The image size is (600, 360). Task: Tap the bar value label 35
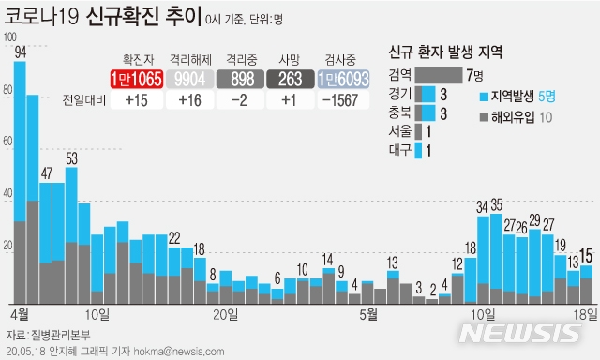(x=497, y=204)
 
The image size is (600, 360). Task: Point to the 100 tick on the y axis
(x=10, y=37)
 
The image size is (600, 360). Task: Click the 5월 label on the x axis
(x=367, y=312)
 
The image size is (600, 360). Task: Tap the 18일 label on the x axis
(x=584, y=312)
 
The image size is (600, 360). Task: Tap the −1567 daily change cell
(x=343, y=100)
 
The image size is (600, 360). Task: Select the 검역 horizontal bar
(x=437, y=75)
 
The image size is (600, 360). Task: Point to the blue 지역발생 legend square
(x=484, y=96)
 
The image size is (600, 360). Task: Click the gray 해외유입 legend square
(x=484, y=117)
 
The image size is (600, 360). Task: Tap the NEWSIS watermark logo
(x=520, y=335)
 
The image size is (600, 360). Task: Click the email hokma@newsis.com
(x=187, y=352)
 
